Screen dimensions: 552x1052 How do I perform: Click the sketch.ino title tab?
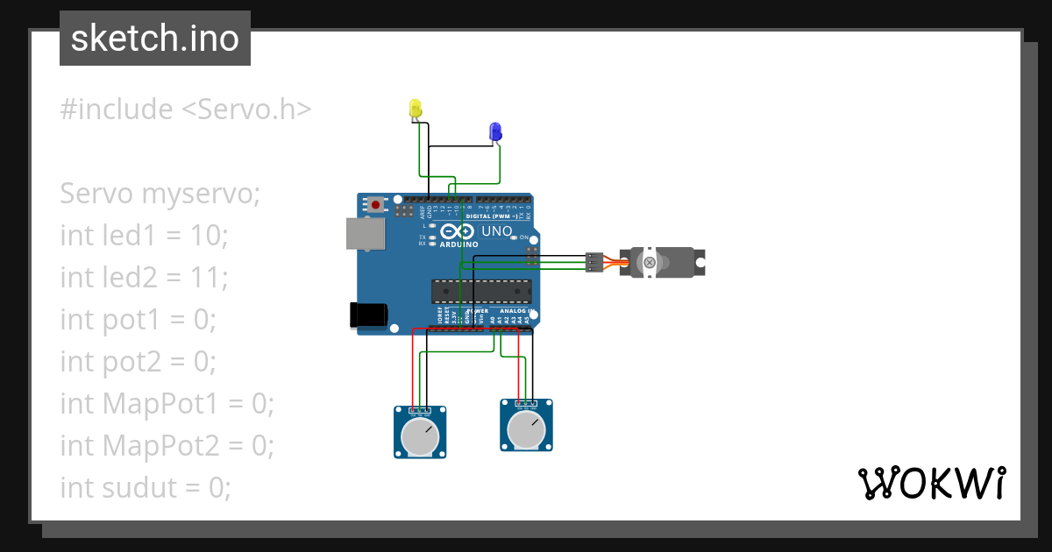click(155, 39)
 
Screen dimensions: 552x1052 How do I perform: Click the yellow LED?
click(416, 109)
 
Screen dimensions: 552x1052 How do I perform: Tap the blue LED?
click(495, 132)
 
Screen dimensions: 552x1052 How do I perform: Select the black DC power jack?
click(368, 315)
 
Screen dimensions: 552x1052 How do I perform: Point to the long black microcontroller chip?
click(480, 292)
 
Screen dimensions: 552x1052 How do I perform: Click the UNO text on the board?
click(498, 231)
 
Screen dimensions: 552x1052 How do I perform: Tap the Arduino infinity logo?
click(458, 231)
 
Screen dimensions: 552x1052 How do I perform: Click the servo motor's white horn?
click(649, 262)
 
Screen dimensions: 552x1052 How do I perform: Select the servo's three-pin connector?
click(594, 262)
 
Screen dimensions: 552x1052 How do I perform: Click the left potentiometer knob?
click(421, 435)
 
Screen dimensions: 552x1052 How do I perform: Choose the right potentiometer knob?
click(526, 429)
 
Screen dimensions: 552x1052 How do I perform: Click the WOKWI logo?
click(931, 484)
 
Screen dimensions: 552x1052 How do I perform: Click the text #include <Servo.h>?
click(185, 110)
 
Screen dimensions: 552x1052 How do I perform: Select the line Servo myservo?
click(160, 194)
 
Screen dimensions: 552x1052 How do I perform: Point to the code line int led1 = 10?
click(144, 236)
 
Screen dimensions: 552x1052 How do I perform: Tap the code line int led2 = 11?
click(144, 278)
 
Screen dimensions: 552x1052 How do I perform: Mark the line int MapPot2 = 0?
click(167, 446)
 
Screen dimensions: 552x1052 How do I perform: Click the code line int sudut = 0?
click(146, 487)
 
